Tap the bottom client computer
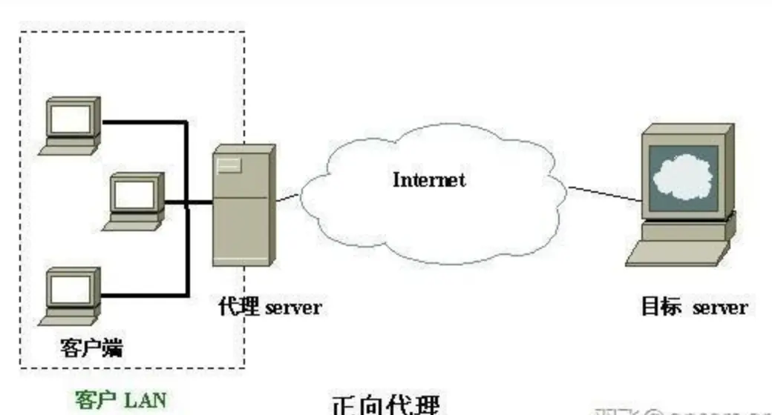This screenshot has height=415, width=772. click(71, 294)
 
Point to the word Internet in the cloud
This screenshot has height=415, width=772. click(428, 179)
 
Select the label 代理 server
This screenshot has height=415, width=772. click(270, 307)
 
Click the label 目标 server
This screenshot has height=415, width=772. click(693, 307)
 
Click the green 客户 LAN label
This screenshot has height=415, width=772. click(120, 400)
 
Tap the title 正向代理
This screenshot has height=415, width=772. click(385, 405)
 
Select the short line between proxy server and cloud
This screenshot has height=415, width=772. click(289, 199)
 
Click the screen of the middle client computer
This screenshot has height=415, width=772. click(137, 192)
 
